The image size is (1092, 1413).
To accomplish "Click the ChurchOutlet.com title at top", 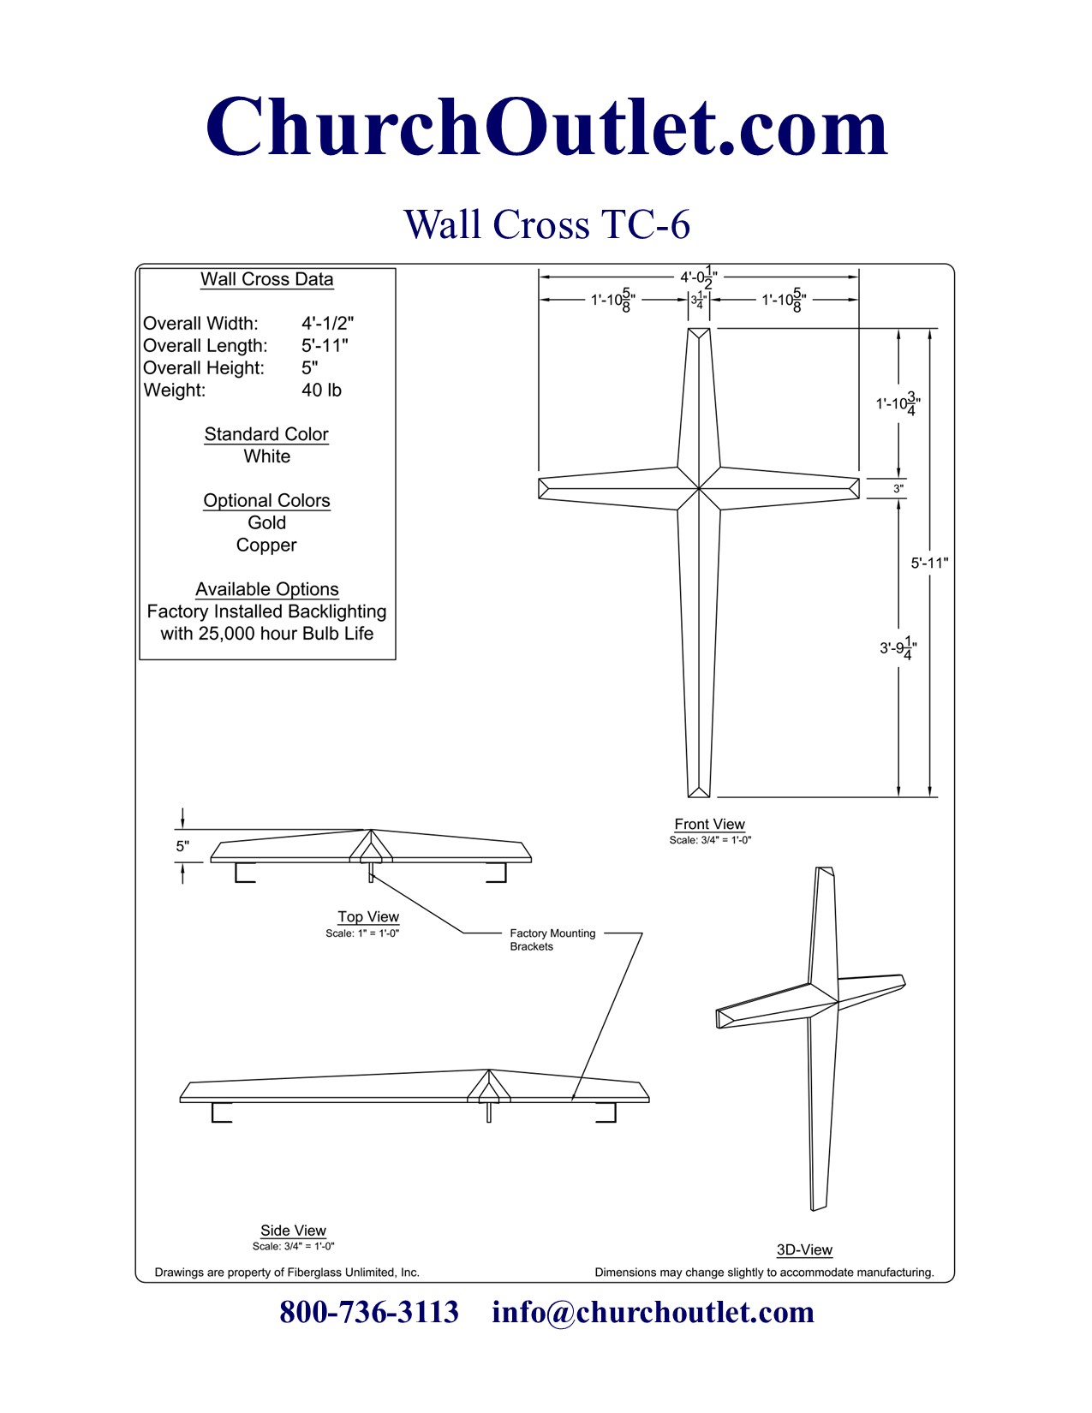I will coord(546,128).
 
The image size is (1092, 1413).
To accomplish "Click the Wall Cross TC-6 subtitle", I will coord(546,224).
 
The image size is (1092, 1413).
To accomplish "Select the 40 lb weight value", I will coord(321,391).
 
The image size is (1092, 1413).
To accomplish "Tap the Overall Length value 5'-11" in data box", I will coord(325,346).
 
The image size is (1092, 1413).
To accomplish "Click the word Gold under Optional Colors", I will coord(266,523).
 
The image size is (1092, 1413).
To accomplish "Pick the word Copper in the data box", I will coord(266,546).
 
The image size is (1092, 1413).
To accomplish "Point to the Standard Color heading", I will coord(266,434).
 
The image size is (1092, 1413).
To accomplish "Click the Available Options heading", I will coord(266,589).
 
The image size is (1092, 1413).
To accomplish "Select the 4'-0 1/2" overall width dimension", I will coord(699,277).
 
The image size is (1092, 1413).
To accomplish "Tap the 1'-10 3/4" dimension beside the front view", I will coord(898,403).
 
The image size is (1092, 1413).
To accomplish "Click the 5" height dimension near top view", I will coord(182,846).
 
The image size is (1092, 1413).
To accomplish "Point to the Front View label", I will coord(709,825).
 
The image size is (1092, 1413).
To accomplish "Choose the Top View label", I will coord(368,917).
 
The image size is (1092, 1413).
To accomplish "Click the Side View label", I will coord(293,1231).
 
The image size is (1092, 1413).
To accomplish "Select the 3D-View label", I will coord(804,1250).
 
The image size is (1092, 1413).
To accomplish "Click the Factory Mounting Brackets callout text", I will coord(552,939).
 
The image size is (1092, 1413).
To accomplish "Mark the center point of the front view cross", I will coord(699,489).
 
